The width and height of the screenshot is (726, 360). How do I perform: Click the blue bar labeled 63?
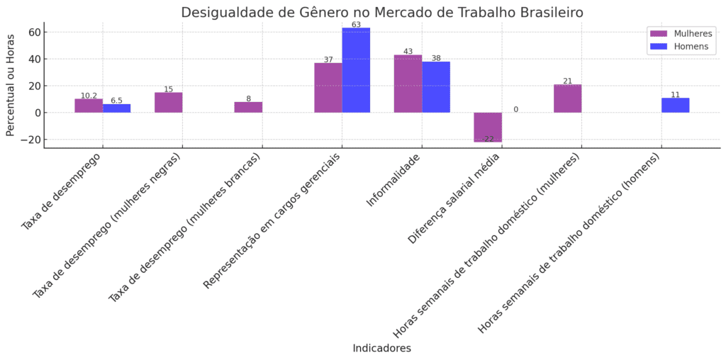[356, 70]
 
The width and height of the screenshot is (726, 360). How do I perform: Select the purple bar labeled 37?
[328, 88]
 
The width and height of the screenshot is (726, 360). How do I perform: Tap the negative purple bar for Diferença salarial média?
[488, 127]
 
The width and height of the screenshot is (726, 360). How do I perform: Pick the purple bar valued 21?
[567, 99]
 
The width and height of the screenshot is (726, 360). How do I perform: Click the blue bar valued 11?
[675, 105]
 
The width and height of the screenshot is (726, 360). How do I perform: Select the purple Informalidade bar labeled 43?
[408, 84]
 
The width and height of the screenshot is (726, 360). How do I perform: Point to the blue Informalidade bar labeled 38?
[436, 87]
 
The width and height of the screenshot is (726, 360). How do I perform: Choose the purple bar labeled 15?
[168, 103]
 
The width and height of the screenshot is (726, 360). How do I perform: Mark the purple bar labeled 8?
[248, 107]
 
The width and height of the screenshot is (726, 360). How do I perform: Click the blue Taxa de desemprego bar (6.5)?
[116, 108]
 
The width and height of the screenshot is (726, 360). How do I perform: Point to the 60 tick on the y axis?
[33, 33]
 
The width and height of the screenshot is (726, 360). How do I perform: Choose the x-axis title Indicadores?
[381, 349]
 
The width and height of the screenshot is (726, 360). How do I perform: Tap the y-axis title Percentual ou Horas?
[11, 84]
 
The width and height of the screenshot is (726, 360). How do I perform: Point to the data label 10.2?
[89, 96]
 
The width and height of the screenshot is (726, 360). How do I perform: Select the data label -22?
[487, 139]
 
